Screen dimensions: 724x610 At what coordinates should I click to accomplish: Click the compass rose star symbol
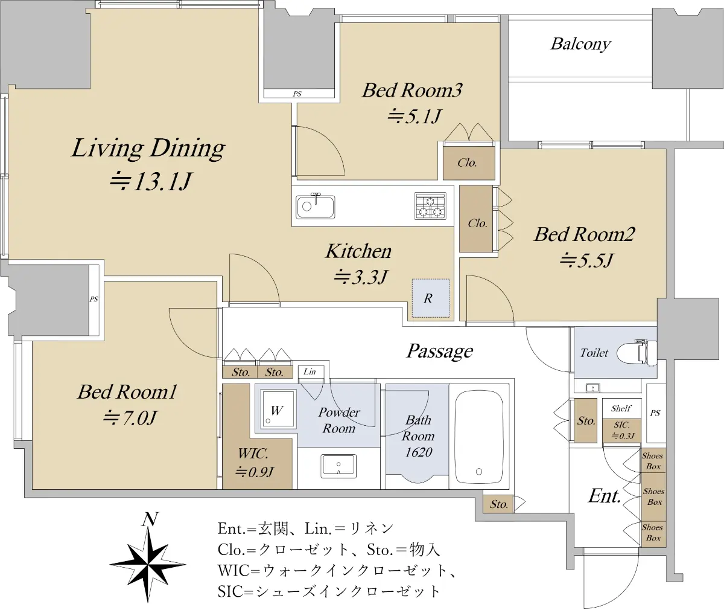(x=148, y=565)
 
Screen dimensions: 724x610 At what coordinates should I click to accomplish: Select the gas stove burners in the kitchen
(x=430, y=206)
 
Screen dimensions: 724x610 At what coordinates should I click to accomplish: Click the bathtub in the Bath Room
(x=479, y=437)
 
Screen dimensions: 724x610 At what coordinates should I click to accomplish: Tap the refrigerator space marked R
(x=431, y=298)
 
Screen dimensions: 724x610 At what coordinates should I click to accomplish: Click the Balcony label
(x=581, y=45)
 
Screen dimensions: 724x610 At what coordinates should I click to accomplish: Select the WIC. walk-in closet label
(x=253, y=453)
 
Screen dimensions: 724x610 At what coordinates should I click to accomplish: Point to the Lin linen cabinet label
(x=310, y=372)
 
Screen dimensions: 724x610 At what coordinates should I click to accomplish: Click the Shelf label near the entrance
(x=621, y=408)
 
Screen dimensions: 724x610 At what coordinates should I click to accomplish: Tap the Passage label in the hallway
(x=440, y=352)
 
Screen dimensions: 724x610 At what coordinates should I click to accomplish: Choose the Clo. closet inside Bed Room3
(x=469, y=163)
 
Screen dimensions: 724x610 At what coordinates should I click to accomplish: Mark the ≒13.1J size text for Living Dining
(x=150, y=181)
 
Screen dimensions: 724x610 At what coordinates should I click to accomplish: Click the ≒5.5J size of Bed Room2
(x=586, y=260)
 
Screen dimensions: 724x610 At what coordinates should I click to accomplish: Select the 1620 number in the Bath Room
(x=419, y=452)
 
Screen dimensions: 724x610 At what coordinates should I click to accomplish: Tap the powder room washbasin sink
(x=338, y=466)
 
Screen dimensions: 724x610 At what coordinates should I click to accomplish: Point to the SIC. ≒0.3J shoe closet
(x=621, y=431)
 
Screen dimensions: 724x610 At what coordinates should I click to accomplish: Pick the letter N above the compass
(x=150, y=519)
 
